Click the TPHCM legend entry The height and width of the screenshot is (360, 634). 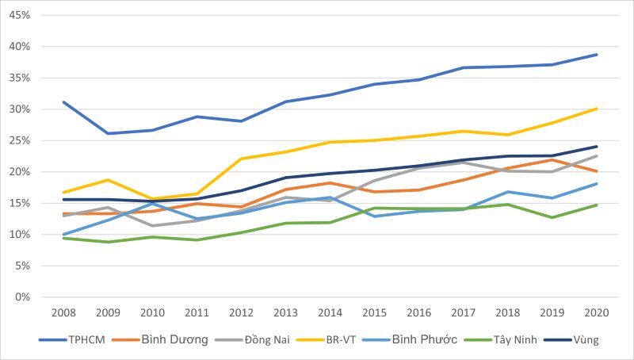point(72,339)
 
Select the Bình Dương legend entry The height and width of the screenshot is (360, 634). point(160,339)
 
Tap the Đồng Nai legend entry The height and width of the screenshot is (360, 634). point(252,339)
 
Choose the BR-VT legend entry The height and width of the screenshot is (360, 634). point(327,339)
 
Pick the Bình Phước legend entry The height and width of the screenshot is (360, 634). point(410,339)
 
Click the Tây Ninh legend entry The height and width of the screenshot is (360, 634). point(501,339)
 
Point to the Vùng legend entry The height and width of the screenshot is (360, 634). point(571,339)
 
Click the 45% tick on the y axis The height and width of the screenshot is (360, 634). point(20,15)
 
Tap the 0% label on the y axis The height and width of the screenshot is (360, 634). point(23,297)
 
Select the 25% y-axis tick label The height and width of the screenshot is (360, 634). point(20,140)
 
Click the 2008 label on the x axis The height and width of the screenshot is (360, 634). point(63,312)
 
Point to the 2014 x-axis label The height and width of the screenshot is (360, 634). point(330,312)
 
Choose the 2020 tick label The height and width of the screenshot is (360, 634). point(597,312)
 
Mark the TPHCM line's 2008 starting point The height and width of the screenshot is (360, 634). point(63,102)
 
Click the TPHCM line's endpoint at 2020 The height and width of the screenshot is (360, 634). point(597,55)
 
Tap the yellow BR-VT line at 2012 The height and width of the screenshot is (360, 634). point(242,159)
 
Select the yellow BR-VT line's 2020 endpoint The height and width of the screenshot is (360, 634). point(597,109)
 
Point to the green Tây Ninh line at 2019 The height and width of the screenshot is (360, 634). point(552,217)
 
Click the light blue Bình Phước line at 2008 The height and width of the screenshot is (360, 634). point(63,235)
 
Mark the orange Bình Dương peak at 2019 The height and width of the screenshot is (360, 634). point(552,159)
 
